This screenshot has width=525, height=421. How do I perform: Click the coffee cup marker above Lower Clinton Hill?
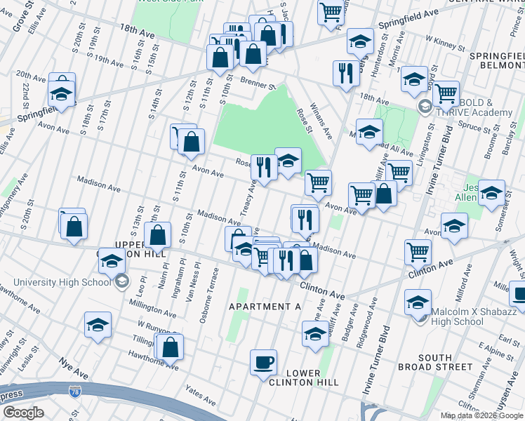pos(263,362)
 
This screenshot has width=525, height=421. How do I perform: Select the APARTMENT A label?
pos(265,307)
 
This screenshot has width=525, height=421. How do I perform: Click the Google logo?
pos(23,412)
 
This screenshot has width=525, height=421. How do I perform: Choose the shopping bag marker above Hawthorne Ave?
pos(171,346)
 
